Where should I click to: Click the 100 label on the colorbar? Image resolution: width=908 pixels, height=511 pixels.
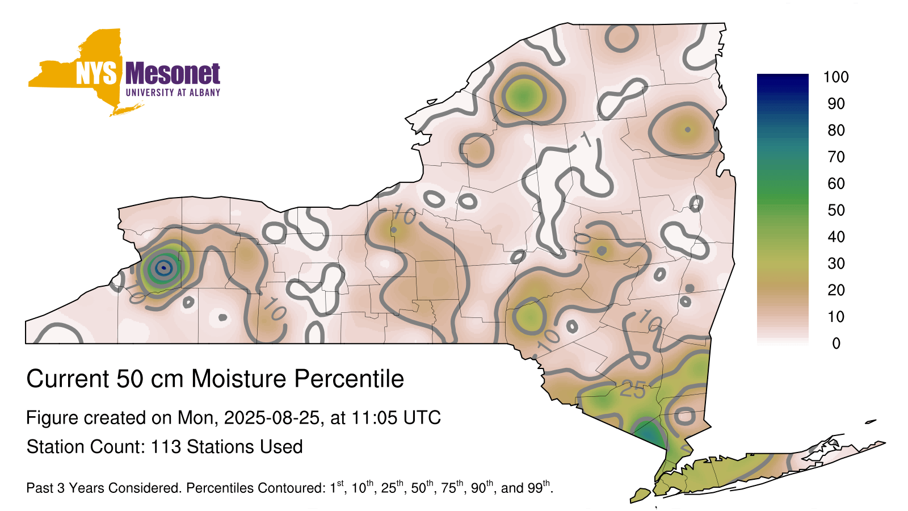pyautogui.click(x=836, y=77)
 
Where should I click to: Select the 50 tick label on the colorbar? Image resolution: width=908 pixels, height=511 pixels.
pyautogui.click(x=836, y=210)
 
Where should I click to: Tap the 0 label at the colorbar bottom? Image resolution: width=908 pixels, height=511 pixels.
pyautogui.click(x=836, y=344)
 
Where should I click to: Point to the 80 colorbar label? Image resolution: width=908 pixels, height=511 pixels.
pyautogui.click(x=836, y=130)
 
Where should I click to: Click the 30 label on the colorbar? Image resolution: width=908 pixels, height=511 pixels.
pyautogui.click(x=836, y=263)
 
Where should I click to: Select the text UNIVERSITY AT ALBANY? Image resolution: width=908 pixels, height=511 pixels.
pyautogui.click(x=173, y=93)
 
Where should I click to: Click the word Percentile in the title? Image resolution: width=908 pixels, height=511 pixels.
pyautogui.click(x=349, y=379)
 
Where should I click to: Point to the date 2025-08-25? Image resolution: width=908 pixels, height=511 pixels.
pyautogui.click(x=272, y=418)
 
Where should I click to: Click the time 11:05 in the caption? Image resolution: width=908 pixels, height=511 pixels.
pyautogui.click(x=375, y=418)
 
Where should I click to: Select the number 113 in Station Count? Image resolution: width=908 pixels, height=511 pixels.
pyautogui.click(x=166, y=447)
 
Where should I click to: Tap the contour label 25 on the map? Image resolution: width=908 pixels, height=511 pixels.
pyautogui.click(x=633, y=389)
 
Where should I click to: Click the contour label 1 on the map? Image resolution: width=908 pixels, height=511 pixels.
pyautogui.click(x=587, y=139)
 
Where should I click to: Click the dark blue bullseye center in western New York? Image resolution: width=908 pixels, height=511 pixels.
pyautogui.click(x=164, y=267)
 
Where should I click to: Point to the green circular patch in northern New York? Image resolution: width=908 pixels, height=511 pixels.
pyautogui.click(x=524, y=96)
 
